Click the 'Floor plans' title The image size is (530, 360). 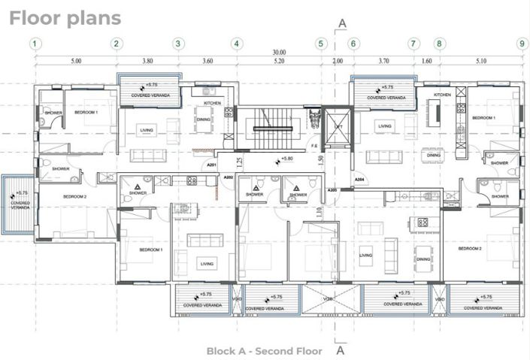65,17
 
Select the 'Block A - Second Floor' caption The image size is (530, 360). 264,351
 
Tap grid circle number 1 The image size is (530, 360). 36,44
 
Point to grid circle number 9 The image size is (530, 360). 521,44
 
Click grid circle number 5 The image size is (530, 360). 320,44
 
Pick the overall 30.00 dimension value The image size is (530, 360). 279,53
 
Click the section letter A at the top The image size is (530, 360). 342,23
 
